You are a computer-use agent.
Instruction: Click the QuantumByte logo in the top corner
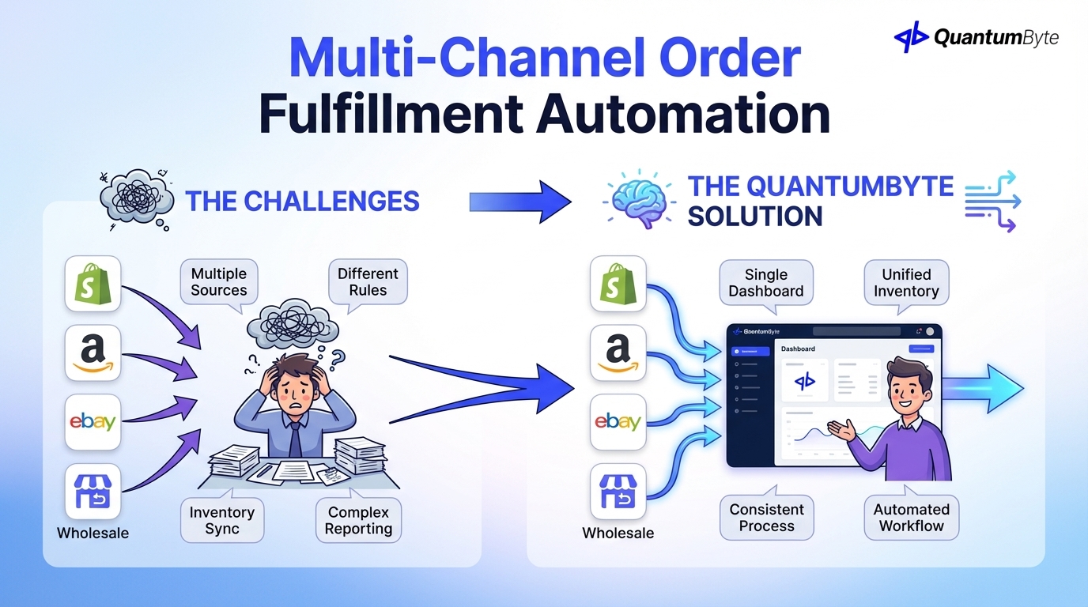[x=976, y=37]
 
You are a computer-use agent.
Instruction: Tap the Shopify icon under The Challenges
[x=93, y=283]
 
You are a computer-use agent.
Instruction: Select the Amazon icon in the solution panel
[x=618, y=352]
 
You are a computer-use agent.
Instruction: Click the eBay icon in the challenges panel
[x=93, y=421]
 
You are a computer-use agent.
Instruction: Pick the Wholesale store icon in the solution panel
[x=618, y=491]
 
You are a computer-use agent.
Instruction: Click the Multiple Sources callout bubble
[x=219, y=282]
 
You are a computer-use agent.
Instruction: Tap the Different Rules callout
[x=368, y=282]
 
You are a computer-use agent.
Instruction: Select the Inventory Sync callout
[x=222, y=521]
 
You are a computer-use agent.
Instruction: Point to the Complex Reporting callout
[x=358, y=521]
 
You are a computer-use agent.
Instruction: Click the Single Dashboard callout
[x=765, y=283]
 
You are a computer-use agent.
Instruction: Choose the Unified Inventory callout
[x=906, y=283]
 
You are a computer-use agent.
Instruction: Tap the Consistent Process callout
[x=766, y=518]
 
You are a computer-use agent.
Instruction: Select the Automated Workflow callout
[x=911, y=518]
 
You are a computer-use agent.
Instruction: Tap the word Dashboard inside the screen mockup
[x=798, y=349]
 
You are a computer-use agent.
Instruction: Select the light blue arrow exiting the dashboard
[x=984, y=388]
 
